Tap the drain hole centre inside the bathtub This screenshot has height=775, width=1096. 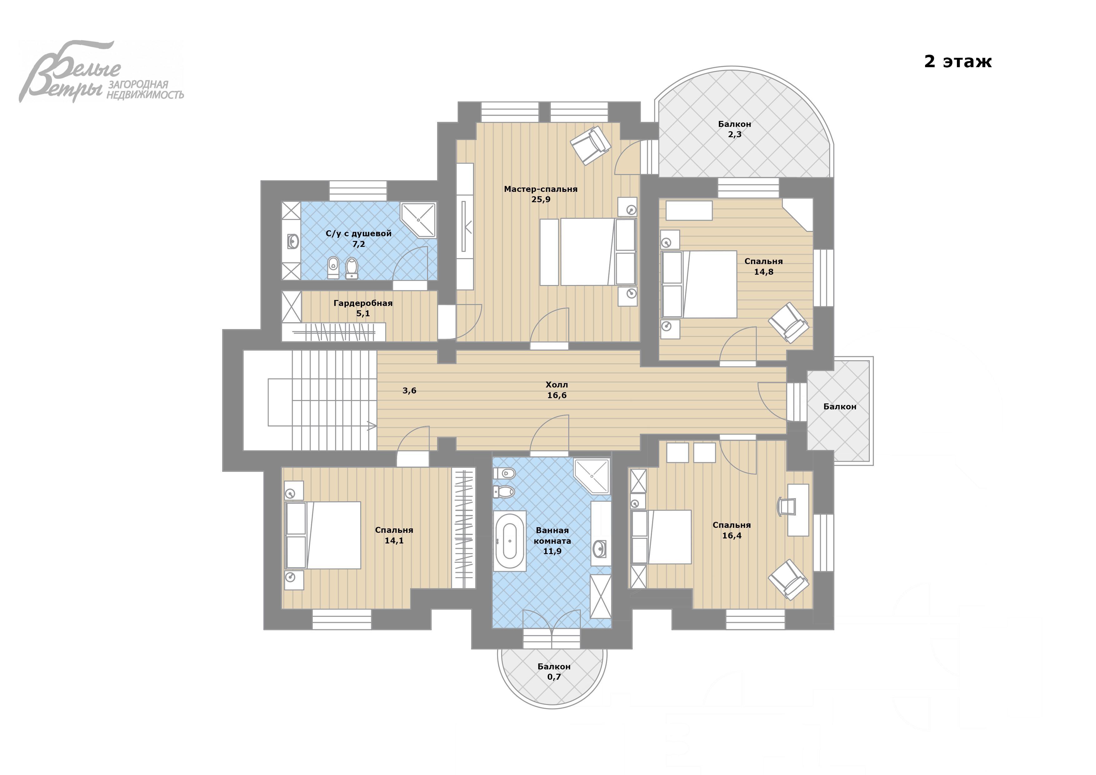(x=510, y=541)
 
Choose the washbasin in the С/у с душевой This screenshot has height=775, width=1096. (x=293, y=242)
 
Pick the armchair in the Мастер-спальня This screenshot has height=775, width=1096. (x=591, y=145)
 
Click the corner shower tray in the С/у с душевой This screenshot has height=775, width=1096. (x=418, y=220)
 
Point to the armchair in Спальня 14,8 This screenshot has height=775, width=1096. (x=788, y=322)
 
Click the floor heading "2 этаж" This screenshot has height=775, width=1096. (x=958, y=62)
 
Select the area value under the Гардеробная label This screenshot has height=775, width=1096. (x=363, y=314)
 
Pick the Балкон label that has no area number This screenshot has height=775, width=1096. (x=840, y=407)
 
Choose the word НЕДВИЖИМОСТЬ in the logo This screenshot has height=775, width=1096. (x=145, y=95)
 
